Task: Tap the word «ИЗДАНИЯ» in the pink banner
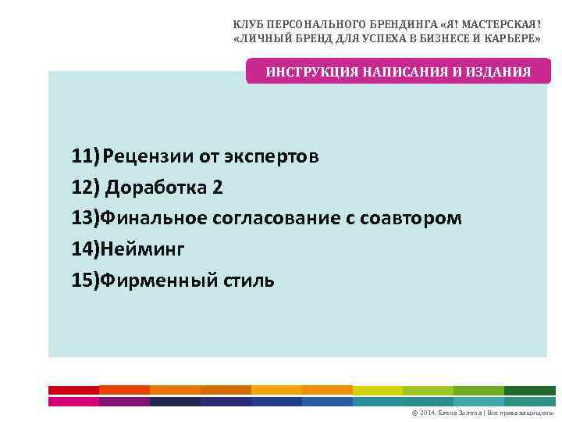pyautogui.click(x=498, y=72)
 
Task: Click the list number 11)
pyautogui.click(x=85, y=156)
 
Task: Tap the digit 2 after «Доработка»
pyautogui.click(x=217, y=188)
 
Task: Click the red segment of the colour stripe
pyautogui.click(x=73, y=390)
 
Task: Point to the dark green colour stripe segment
pyautogui.click(x=529, y=390)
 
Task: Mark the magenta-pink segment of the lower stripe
pyautogui.click(x=73, y=402)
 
